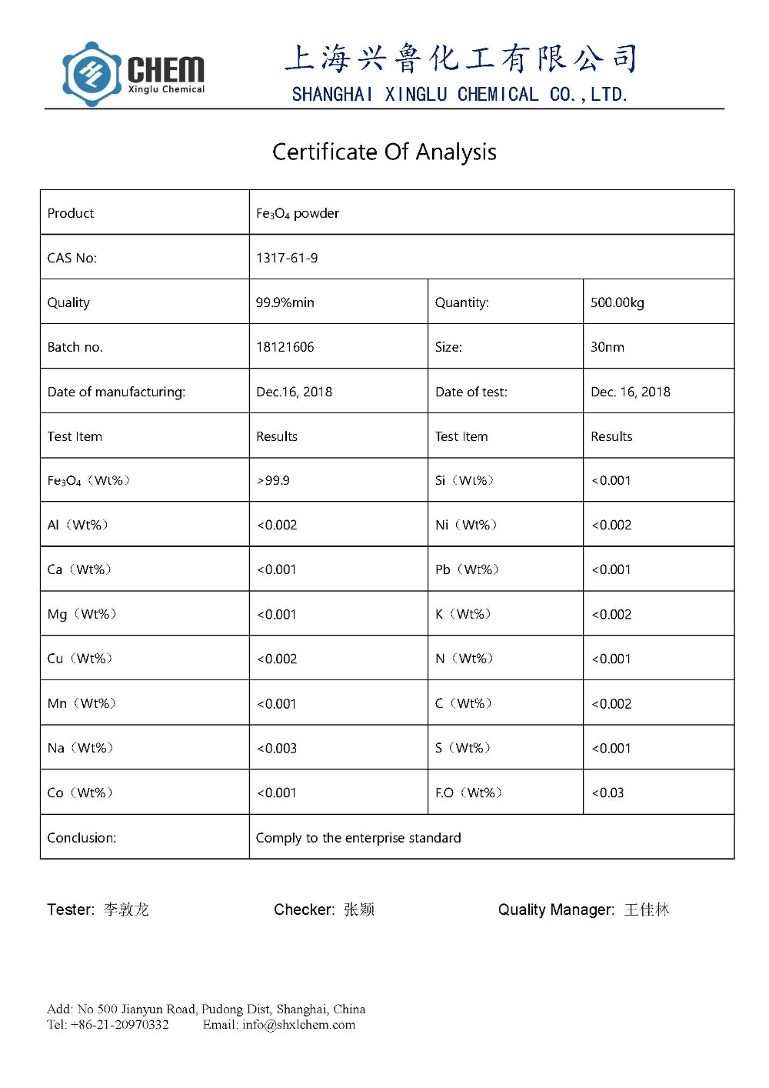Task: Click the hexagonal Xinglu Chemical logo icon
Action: (92, 74)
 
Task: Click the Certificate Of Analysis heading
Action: (384, 152)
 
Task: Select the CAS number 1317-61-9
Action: (287, 258)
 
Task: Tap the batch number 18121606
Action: (285, 347)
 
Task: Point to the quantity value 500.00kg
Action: (617, 302)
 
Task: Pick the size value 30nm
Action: (607, 347)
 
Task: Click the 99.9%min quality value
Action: (285, 302)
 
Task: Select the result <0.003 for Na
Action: (277, 748)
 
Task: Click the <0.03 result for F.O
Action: (608, 793)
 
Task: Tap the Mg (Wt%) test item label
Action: (82, 614)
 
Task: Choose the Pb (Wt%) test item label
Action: (467, 569)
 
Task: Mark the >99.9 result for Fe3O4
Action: (273, 480)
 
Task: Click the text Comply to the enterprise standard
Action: (358, 837)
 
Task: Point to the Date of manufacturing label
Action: (116, 392)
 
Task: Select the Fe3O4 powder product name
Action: (298, 213)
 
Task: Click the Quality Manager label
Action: (555, 909)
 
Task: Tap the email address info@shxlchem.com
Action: (298, 1024)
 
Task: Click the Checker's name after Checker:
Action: (359, 909)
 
